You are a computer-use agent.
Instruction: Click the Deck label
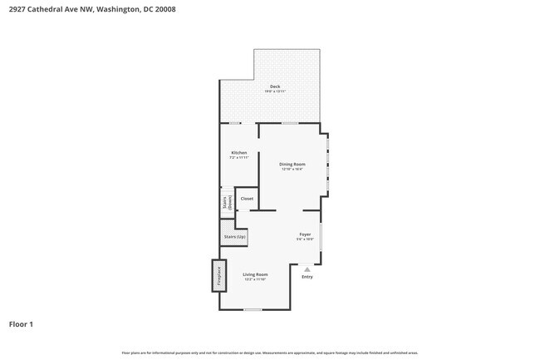274,86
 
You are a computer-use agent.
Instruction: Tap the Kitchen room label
238,152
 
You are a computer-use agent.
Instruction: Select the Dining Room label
292,165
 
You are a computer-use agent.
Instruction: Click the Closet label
247,199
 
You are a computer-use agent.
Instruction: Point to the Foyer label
305,234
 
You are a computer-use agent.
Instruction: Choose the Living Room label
255,274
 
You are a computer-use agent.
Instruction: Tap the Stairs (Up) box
234,237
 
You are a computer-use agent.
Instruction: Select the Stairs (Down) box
227,203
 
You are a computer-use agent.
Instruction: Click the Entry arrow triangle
307,269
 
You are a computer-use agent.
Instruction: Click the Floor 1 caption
21,324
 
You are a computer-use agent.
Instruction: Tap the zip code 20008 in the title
165,9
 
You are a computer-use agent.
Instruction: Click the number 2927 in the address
17,9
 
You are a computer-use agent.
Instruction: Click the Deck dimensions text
274,91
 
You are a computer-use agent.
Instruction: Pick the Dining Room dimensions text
292,170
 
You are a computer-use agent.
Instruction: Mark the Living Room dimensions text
255,279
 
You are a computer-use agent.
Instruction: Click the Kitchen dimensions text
238,157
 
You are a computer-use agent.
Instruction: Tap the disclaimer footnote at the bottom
270,353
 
